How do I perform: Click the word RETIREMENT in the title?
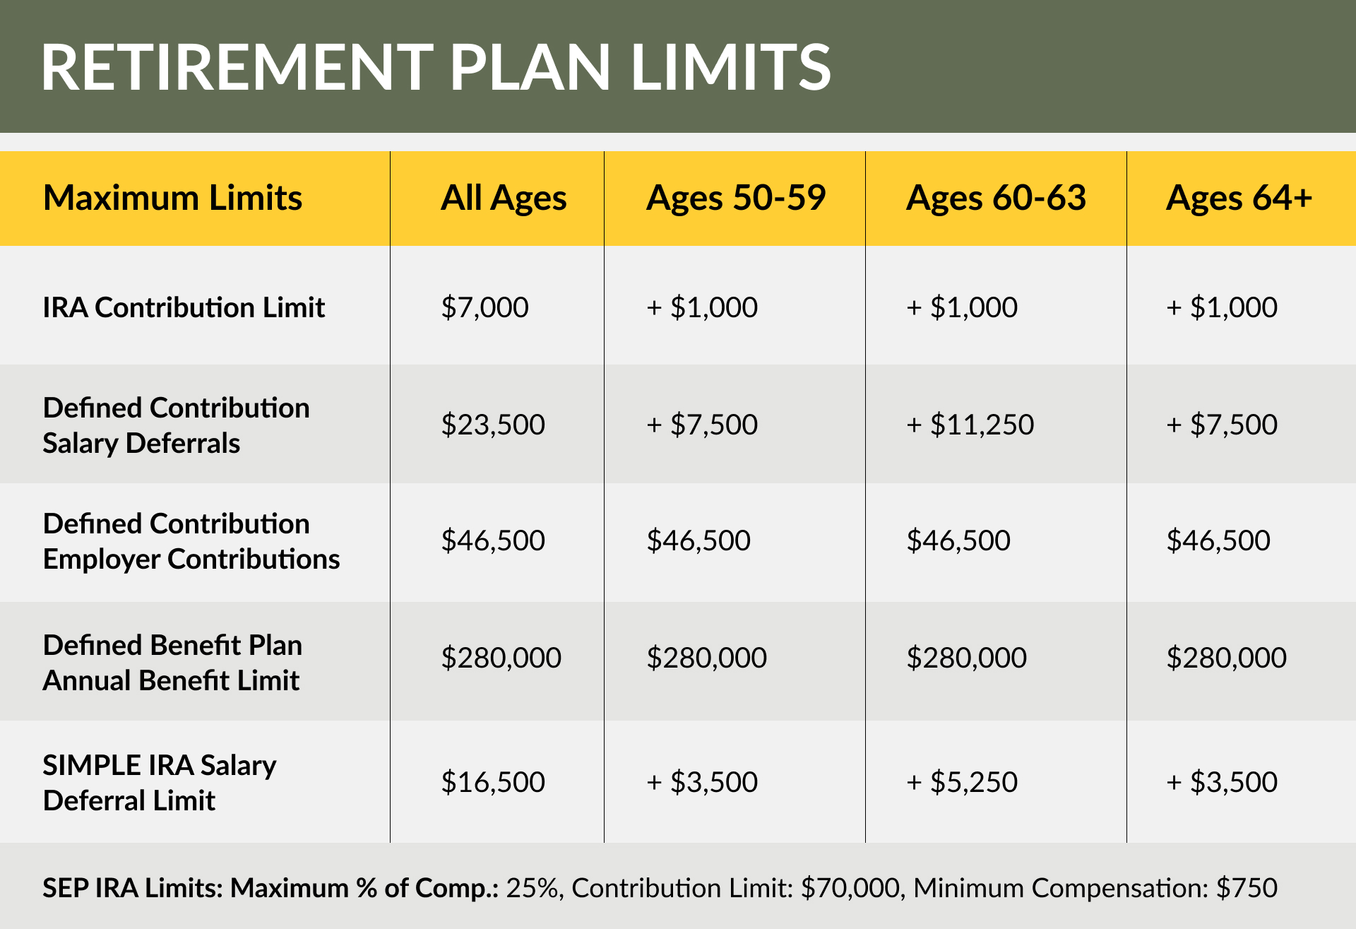237,67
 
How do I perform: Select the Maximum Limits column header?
172,198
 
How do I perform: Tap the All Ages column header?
504,198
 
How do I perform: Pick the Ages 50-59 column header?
735,198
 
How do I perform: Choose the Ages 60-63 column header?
996,198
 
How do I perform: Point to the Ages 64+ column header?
1239,198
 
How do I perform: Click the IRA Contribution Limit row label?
184,307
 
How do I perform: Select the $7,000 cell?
484,307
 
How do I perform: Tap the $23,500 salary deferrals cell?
493,425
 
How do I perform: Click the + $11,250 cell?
970,425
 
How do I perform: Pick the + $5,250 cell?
961,782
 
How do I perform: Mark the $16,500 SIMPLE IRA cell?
493,782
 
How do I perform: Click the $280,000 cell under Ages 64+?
1226,658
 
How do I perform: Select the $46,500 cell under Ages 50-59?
698,540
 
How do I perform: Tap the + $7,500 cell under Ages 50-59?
701,425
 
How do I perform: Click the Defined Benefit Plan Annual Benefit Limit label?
172,663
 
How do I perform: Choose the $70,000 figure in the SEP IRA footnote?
851,888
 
